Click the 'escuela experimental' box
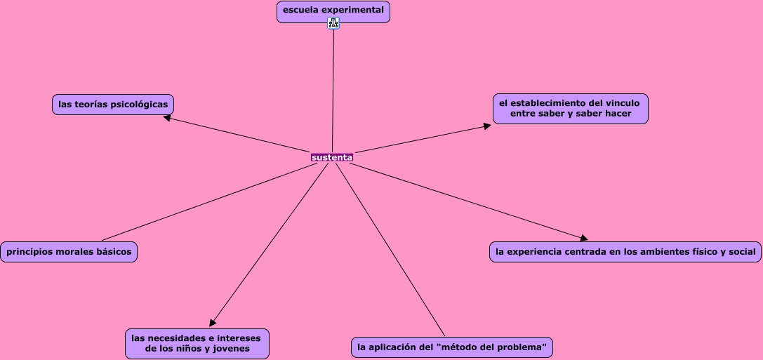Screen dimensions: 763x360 tap(333, 11)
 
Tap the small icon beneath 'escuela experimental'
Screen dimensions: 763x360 tap(333, 23)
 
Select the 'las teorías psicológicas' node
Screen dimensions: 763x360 tap(113, 105)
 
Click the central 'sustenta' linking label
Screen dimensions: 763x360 tap(332, 157)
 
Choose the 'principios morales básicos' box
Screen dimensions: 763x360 tap(69, 252)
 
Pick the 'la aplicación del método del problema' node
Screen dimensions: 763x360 tap(451, 347)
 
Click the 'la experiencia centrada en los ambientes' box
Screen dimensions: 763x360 tap(625, 252)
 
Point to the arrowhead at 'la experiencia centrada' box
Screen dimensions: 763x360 tap(583, 239)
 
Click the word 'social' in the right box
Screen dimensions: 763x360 tap(741, 252)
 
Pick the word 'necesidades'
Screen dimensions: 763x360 tap(178, 338)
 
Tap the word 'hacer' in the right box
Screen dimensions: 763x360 tap(617, 114)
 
